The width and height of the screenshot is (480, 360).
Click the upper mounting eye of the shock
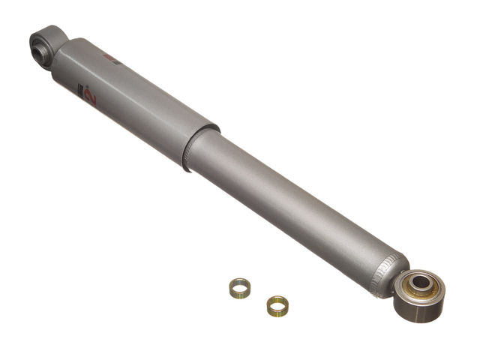[47, 45]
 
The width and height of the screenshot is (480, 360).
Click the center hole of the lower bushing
[421, 283]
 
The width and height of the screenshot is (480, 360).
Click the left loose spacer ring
[240, 286]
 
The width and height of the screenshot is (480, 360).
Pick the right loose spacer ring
[277, 305]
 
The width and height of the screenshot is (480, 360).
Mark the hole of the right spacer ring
[277, 304]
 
